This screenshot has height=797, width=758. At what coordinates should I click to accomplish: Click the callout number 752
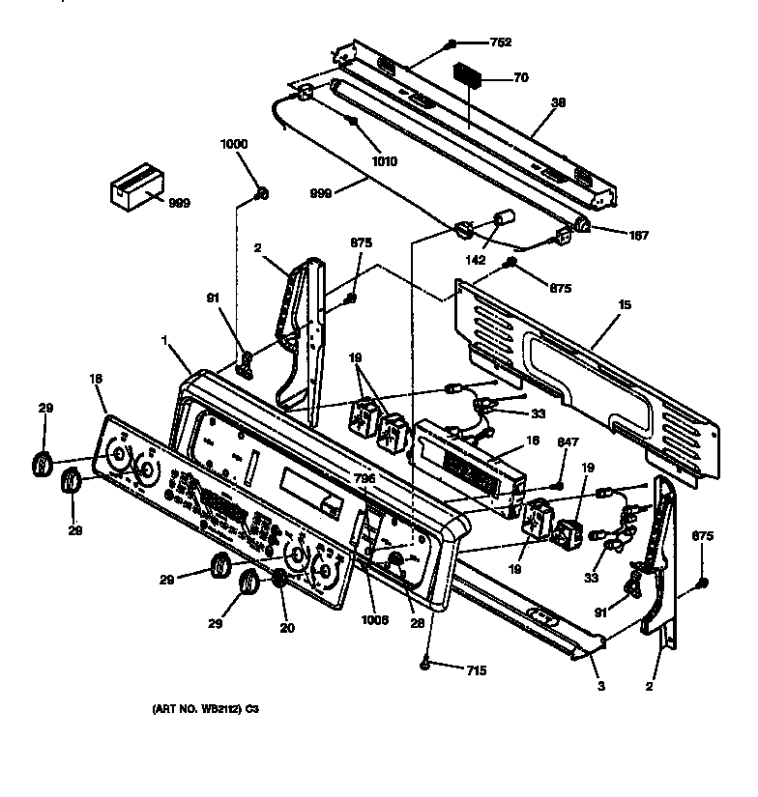click(x=501, y=43)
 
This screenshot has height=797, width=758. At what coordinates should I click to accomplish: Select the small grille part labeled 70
click(x=471, y=77)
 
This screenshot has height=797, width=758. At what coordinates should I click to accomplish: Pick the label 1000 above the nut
click(x=234, y=144)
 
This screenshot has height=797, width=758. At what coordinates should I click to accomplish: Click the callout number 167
click(x=638, y=235)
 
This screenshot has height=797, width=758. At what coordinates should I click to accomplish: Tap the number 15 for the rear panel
click(x=625, y=304)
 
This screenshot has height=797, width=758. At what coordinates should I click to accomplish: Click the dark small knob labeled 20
click(x=279, y=578)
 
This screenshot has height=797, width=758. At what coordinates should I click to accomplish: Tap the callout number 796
click(x=364, y=478)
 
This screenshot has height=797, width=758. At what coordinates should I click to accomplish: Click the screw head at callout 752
click(x=452, y=43)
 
